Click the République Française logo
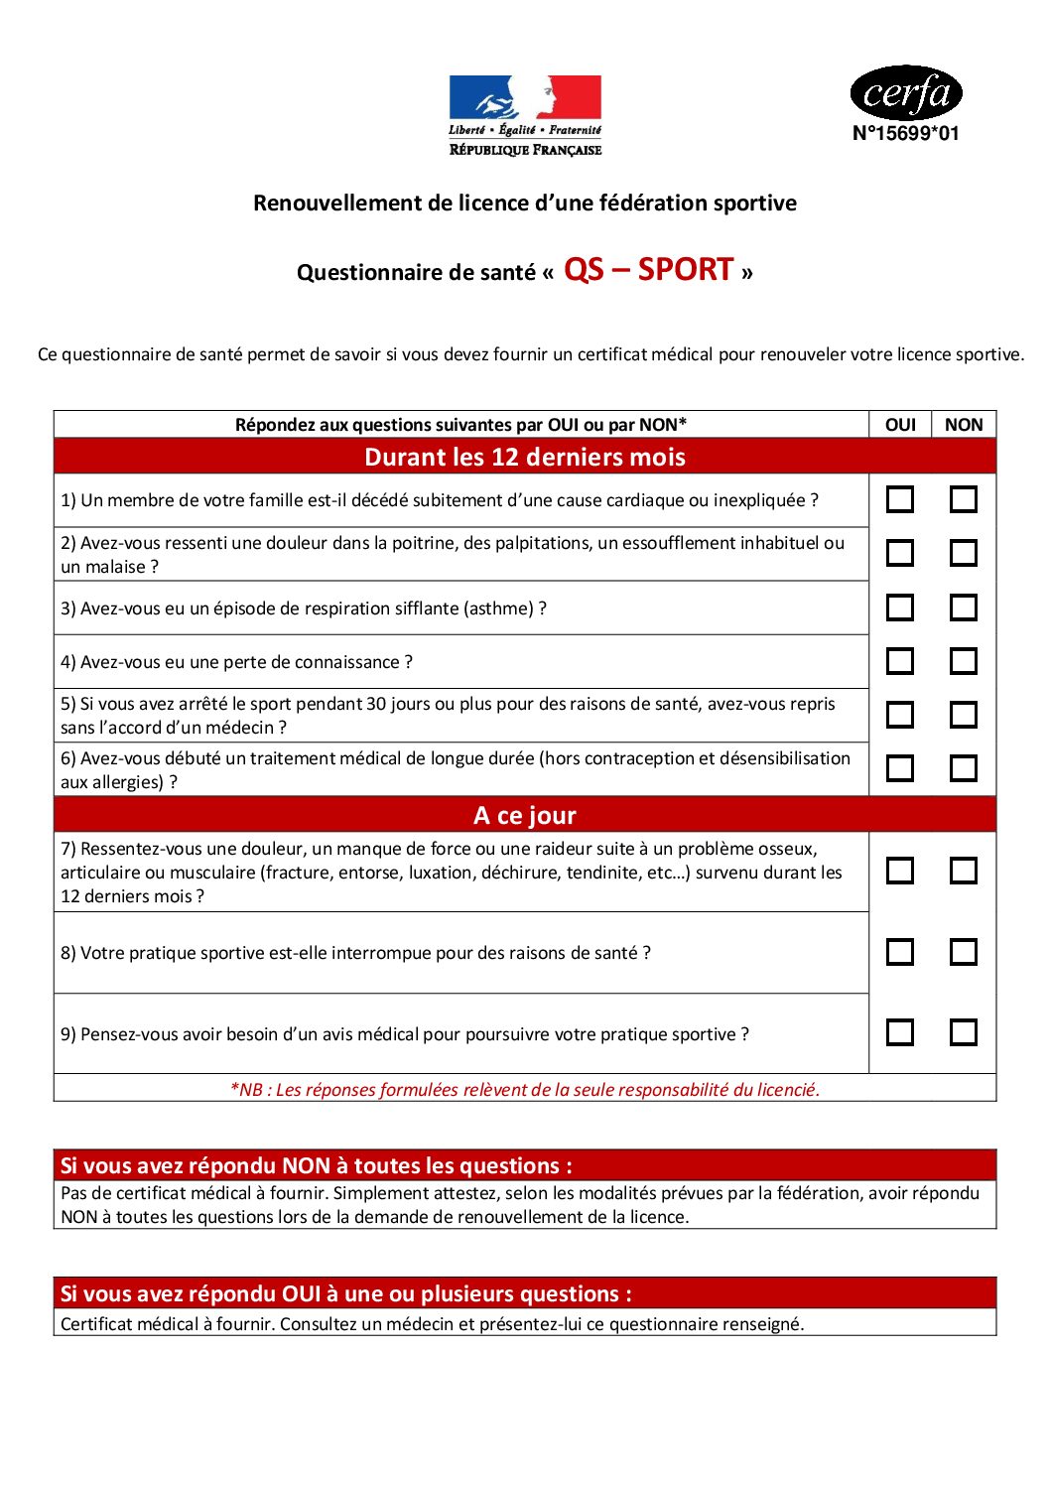[x=525, y=115]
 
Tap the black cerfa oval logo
[x=906, y=93]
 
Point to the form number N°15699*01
[x=906, y=134]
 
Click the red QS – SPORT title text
[x=648, y=270]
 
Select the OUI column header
[x=900, y=425]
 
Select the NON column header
[x=963, y=425]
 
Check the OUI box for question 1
[x=900, y=499]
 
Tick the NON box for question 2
[x=963, y=553]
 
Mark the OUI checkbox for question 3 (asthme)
[x=900, y=608]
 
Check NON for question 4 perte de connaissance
[x=963, y=661]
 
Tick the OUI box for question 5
[x=900, y=715]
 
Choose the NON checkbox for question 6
[x=963, y=768]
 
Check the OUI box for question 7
[x=900, y=871]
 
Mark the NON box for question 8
[x=963, y=952]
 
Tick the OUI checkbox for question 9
[x=900, y=1032]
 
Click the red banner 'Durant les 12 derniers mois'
[x=524, y=457]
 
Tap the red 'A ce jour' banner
[x=524, y=815]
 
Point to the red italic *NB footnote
[x=524, y=1089]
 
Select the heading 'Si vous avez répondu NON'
[x=316, y=1165]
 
